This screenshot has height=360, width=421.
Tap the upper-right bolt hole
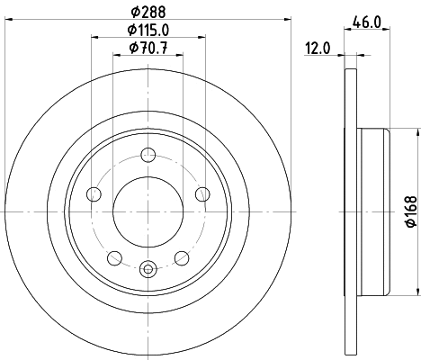coord(202,193)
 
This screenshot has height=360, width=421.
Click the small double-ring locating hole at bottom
coord(148,265)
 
